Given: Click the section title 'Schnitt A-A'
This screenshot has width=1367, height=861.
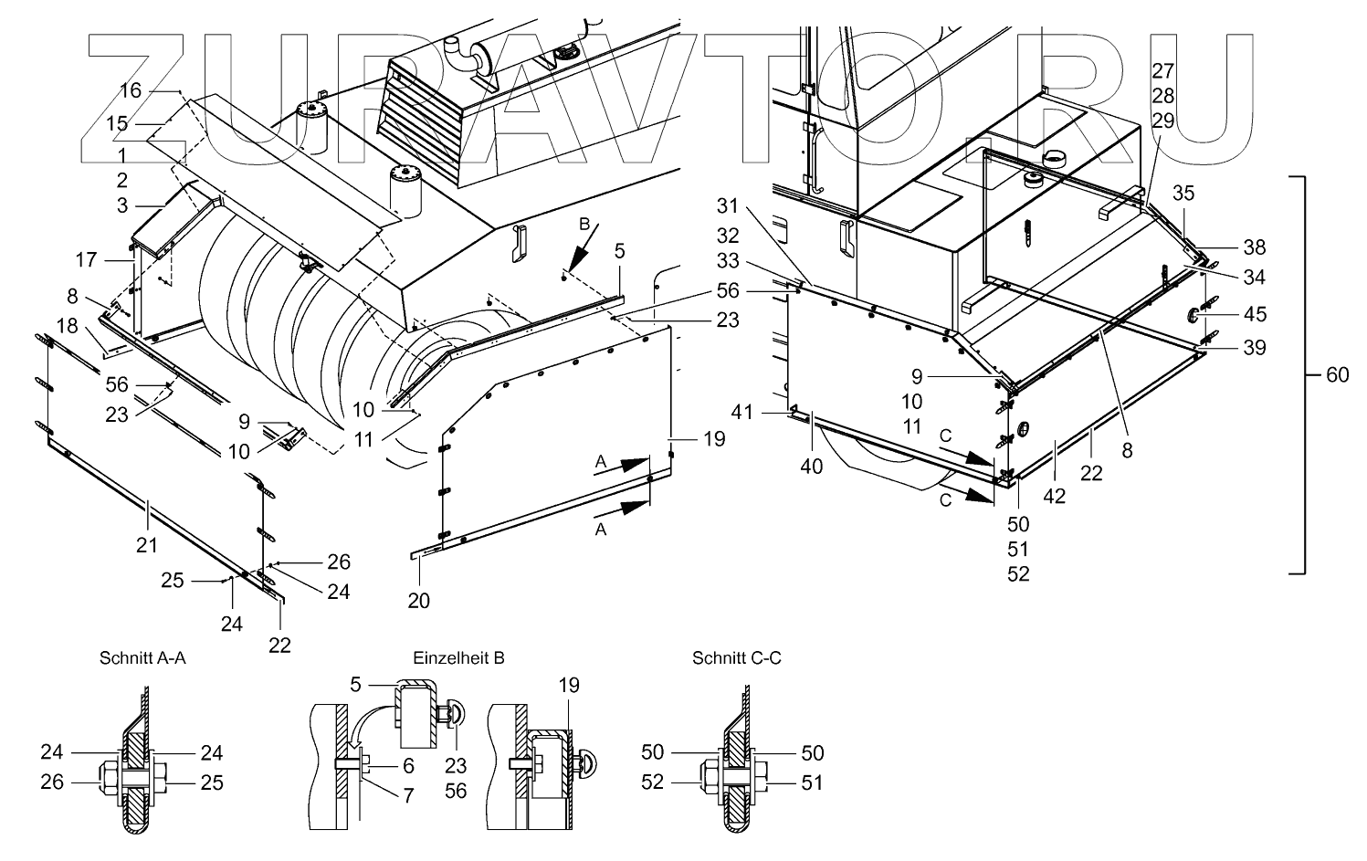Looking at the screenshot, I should (142, 657).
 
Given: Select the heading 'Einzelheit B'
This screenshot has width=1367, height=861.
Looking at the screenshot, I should (458, 657).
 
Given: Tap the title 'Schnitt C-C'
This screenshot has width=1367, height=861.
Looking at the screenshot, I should (737, 657).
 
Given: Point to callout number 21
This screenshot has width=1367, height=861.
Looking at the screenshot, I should (147, 545).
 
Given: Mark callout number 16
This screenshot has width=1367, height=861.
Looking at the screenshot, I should (131, 89).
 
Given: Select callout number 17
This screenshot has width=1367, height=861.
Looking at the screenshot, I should (86, 259).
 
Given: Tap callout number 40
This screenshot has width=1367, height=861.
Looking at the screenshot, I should (811, 467).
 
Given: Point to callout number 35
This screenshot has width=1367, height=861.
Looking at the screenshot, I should (1183, 193).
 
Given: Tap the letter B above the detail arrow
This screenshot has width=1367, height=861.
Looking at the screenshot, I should (584, 223).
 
